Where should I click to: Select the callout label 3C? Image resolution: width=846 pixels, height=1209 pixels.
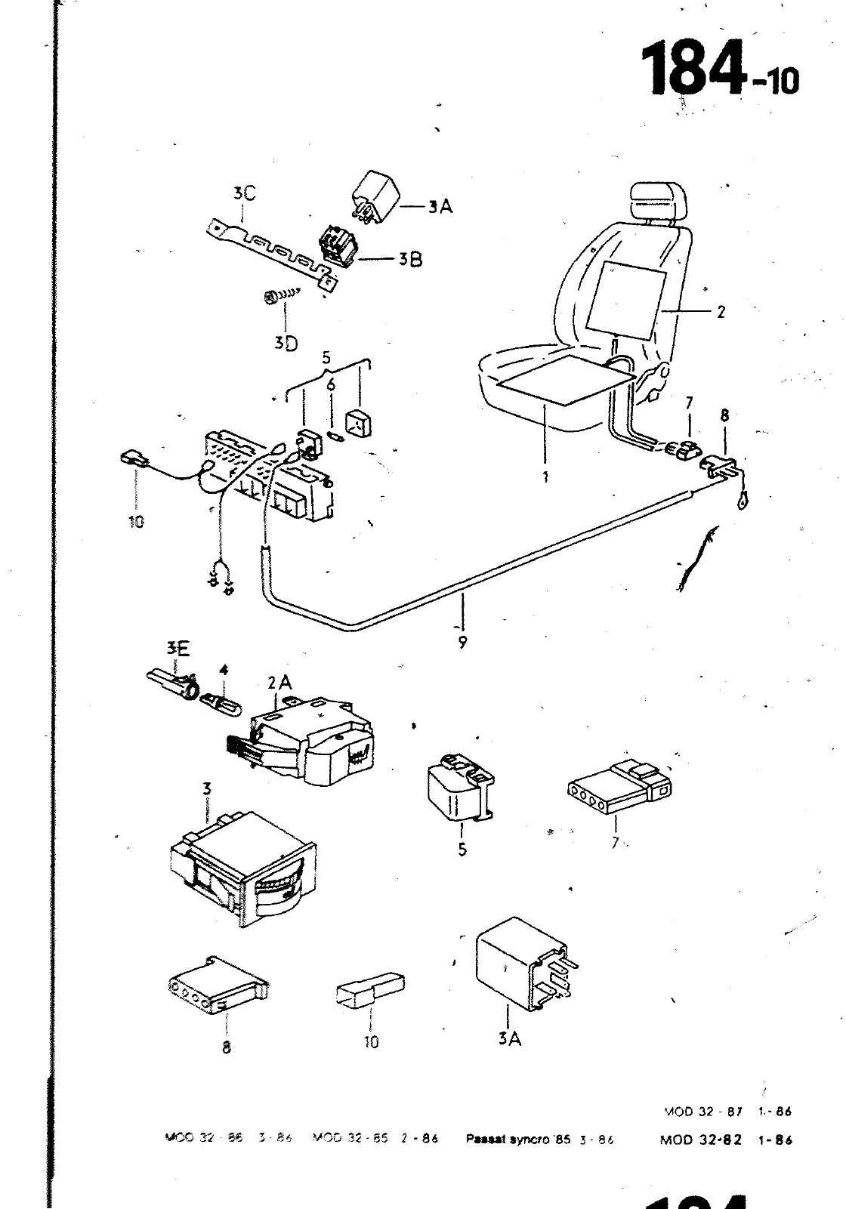(244, 194)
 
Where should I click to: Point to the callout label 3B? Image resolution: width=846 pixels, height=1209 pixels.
(410, 260)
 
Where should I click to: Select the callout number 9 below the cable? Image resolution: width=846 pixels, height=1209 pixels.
(462, 643)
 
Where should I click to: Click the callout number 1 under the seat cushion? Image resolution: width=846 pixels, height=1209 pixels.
(545, 477)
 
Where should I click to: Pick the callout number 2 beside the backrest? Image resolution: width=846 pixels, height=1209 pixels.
(721, 311)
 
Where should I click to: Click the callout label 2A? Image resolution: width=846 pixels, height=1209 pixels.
(279, 683)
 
